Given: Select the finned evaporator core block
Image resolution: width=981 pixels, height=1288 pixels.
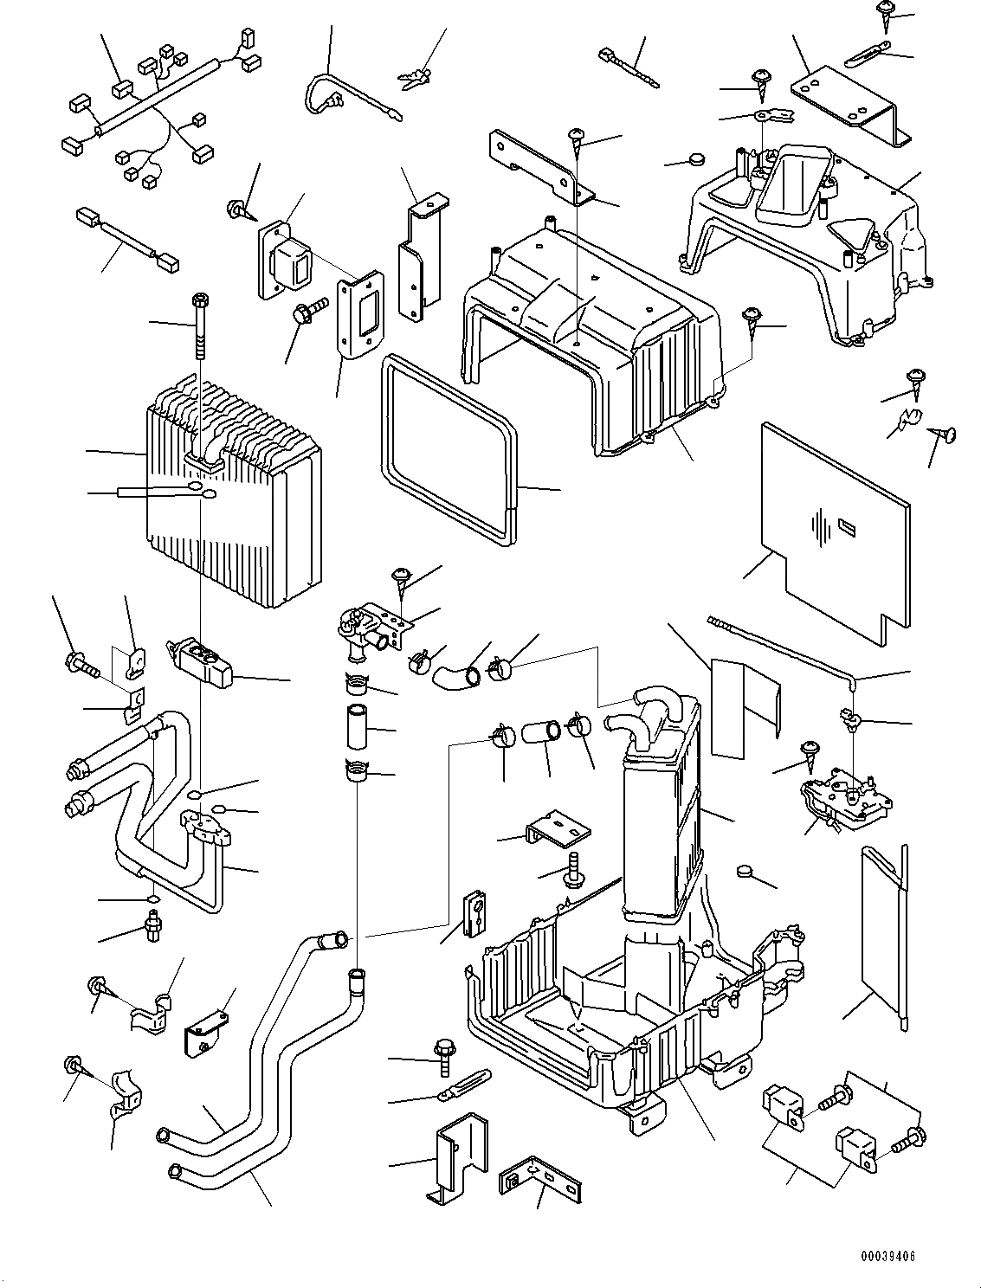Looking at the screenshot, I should (x=234, y=502).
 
